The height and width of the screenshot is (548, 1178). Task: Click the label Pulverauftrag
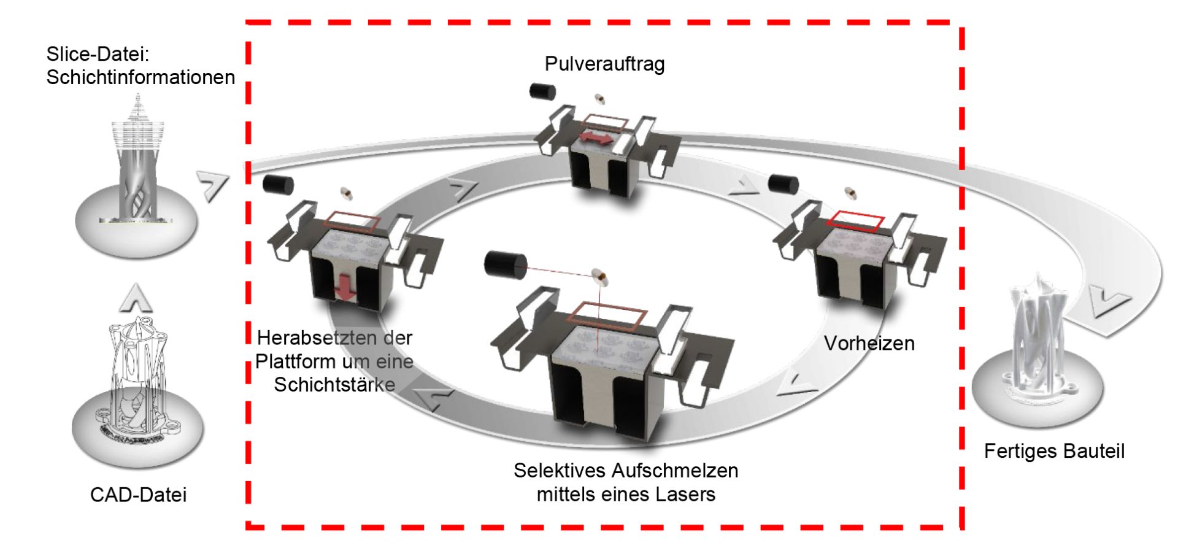click(604, 64)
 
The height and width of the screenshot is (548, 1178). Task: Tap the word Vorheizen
click(869, 343)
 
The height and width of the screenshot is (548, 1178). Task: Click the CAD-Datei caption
click(138, 495)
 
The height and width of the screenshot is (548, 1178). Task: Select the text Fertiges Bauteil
click(1053, 451)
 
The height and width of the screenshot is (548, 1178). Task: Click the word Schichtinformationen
click(141, 77)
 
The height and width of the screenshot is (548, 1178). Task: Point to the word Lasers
click(686, 494)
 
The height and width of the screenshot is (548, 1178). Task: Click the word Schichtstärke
click(334, 385)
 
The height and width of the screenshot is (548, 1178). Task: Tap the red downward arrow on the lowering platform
click(345, 288)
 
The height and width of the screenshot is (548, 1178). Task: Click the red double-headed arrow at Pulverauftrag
click(596, 138)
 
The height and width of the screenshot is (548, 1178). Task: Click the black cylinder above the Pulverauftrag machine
click(542, 91)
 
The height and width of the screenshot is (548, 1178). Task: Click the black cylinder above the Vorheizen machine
click(783, 184)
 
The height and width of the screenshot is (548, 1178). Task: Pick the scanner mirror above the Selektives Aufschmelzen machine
click(599, 278)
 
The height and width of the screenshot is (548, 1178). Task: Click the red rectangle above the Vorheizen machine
click(855, 220)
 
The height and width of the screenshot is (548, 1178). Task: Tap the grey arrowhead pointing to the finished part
click(1110, 303)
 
